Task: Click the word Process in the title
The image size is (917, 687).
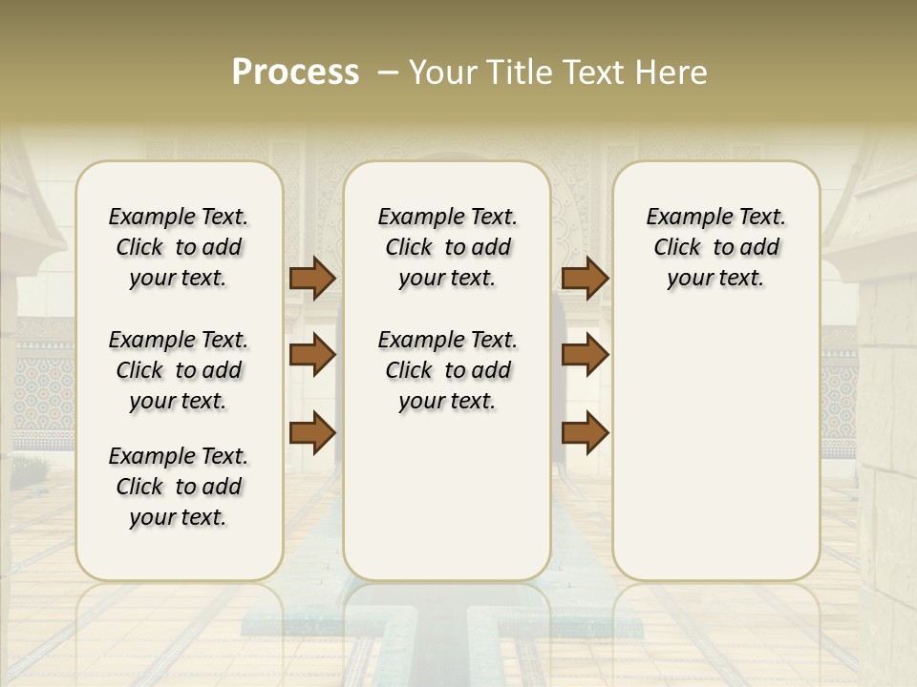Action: (295, 73)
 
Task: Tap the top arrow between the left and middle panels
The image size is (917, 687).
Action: (312, 279)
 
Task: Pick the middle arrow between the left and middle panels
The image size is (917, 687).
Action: (312, 355)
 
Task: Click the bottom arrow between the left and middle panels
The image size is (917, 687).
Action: (312, 432)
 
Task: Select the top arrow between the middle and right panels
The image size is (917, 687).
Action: (585, 279)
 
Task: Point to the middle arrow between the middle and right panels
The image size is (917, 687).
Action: (585, 355)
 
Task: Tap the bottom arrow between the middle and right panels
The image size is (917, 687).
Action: (585, 432)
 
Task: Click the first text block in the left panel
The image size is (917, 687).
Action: (179, 247)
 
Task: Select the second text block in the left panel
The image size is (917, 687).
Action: (179, 370)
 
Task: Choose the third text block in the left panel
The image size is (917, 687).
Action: (179, 487)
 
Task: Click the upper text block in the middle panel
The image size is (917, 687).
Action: (447, 247)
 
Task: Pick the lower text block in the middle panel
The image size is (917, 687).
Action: (447, 370)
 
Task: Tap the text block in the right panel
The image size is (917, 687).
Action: (715, 247)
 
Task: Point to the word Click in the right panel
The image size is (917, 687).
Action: (677, 248)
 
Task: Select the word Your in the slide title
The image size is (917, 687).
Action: (441, 73)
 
